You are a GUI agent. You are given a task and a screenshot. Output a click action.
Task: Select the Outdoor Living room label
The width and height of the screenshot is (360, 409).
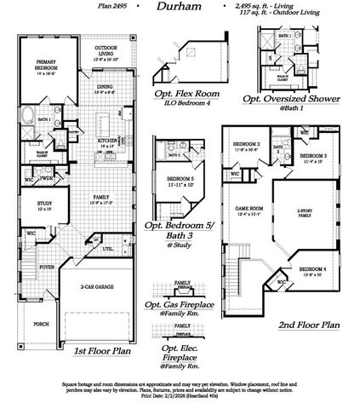(x=106, y=50)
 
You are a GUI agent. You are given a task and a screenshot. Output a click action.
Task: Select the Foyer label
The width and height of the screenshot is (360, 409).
(x=45, y=267)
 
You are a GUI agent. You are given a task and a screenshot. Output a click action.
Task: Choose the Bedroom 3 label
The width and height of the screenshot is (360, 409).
(x=314, y=157)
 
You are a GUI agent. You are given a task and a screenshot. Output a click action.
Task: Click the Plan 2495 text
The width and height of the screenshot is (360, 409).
(x=109, y=7)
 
